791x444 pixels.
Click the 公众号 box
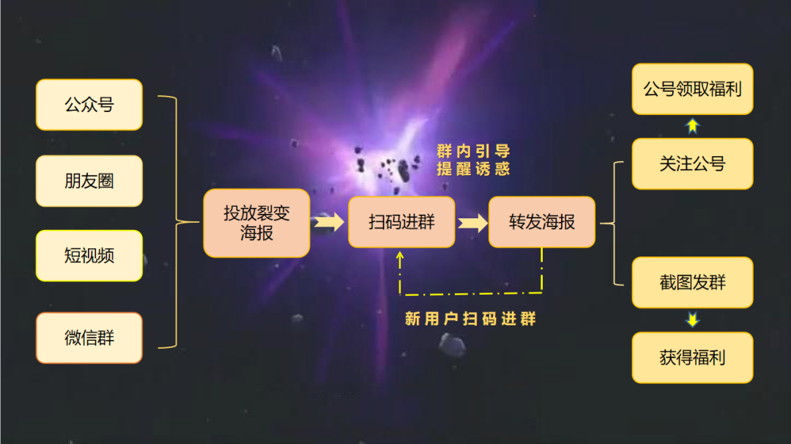click(89, 105)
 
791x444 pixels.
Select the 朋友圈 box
click(89, 180)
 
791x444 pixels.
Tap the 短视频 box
click(89, 256)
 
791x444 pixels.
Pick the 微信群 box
click(89, 338)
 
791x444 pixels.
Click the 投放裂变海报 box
click(256, 223)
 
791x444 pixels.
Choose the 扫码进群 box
click(401, 222)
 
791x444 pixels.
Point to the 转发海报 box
click(542, 222)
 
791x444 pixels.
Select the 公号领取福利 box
click(692, 89)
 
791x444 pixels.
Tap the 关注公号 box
click(692, 163)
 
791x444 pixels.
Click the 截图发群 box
click(692, 282)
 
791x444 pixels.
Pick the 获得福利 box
click(692, 358)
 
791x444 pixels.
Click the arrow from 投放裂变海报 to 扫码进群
click(329, 222)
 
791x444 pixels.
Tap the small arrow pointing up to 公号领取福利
click(692, 126)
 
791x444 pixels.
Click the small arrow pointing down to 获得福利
click(692, 320)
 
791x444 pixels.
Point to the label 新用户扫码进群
click(470, 319)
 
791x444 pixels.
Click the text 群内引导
click(472, 152)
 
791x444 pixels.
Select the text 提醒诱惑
click(472, 169)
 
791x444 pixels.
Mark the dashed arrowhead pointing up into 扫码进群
click(401, 256)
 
